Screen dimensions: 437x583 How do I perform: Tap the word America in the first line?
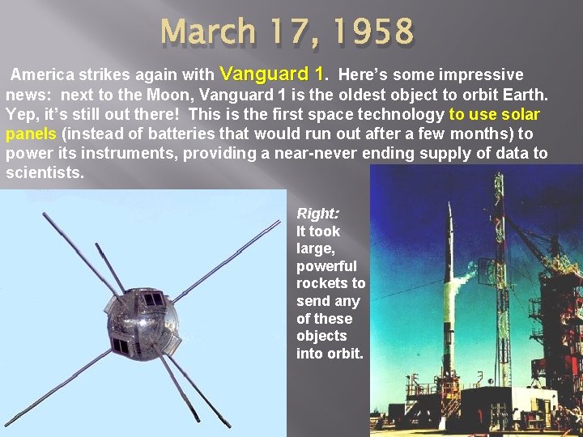[x=45, y=75]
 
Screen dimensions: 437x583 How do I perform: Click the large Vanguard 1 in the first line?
[x=271, y=74]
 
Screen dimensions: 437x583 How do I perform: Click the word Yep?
[x=22, y=114]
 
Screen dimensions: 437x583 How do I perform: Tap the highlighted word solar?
[x=521, y=114]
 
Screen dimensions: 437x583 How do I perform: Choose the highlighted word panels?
[x=31, y=134]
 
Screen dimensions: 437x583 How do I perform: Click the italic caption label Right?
[x=317, y=214]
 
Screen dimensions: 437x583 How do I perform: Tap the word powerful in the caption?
[x=326, y=266]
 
